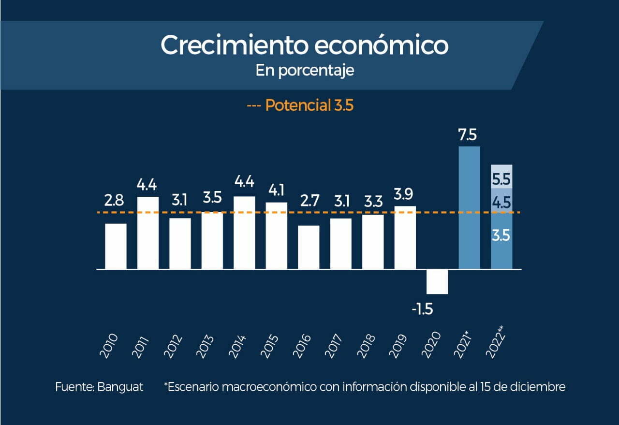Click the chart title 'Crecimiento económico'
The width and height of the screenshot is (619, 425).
coord(304,45)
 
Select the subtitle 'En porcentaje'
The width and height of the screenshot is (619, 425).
coord(305,71)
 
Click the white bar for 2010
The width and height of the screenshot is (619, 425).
coord(116,246)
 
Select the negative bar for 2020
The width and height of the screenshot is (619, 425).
coord(437,281)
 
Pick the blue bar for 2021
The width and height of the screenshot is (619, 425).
coord(469,208)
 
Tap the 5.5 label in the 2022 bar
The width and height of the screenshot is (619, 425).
coord(501,180)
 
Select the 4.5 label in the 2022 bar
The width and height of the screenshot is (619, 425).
coord(501,202)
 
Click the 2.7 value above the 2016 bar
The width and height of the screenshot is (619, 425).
coord(309,200)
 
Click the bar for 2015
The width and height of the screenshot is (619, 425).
coord(276,235)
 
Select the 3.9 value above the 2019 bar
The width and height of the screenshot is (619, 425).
coord(405,193)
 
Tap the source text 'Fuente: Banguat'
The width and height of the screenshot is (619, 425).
coord(99,387)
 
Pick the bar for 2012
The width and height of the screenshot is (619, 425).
coord(180,244)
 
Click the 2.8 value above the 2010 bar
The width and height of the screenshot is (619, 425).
coord(114,201)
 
